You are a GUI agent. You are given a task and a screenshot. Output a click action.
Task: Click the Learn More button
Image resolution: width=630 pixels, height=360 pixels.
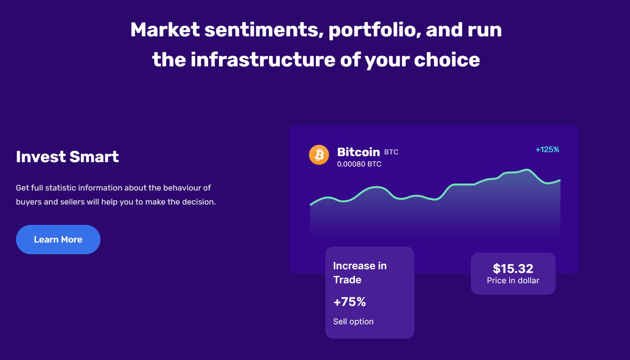58,240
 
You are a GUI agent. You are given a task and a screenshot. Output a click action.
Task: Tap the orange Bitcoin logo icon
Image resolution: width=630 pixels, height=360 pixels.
319,155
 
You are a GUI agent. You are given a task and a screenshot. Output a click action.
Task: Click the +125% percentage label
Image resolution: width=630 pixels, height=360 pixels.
547,149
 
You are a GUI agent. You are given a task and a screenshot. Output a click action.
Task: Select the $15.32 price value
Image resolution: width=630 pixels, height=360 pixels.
513,269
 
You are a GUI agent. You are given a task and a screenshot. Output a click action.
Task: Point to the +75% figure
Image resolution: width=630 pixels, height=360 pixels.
349,302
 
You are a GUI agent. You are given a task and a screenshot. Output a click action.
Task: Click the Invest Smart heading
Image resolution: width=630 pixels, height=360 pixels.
67,156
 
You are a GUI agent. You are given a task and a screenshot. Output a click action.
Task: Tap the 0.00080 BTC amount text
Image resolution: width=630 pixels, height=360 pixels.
359,164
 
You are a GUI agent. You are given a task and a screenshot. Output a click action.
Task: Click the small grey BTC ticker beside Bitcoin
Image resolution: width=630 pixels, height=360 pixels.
391,152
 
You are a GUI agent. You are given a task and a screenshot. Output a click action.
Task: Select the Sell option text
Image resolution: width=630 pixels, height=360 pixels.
353,322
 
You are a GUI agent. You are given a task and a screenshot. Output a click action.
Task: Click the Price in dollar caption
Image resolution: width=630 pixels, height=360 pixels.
513,281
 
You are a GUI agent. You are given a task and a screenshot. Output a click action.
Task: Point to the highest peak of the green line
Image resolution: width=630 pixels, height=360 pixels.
528,170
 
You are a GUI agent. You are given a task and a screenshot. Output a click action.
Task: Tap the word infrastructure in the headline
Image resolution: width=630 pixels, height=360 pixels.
263,60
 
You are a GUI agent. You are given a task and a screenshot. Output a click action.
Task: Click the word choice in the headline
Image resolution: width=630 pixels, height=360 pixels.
447,60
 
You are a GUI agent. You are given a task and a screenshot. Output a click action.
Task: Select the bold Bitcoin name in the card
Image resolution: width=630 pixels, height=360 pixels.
358,152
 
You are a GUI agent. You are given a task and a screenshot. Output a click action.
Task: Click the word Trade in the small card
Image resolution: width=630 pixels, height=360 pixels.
347,280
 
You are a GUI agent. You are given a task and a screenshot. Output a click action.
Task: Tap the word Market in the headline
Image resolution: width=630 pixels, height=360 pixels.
165,30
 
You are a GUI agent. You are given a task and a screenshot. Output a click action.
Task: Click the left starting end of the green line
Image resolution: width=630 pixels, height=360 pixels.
311,205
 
